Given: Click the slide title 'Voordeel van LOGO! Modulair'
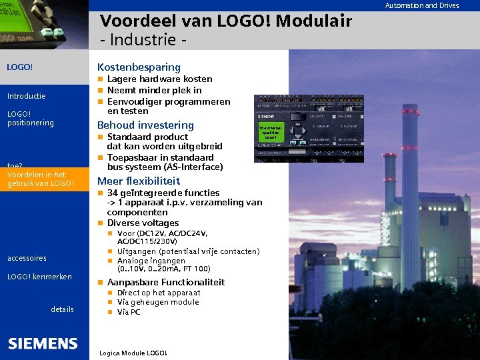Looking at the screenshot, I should [x=225, y=21].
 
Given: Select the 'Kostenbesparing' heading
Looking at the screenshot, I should [x=139, y=67].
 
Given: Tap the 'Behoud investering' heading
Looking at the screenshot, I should [x=145, y=125].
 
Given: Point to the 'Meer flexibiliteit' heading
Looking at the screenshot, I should [x=139, y=181].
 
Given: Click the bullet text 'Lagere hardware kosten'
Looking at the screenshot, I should [x=159, y=79].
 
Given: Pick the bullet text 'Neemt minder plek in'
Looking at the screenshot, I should [x=154, y=91].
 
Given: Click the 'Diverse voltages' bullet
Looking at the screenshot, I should [x=143, y=223].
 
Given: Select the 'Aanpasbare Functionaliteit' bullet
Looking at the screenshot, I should [x=165, y=283].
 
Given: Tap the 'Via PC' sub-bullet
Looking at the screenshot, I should [x=128, y=312].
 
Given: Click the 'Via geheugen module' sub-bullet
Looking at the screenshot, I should [x=157, y=302].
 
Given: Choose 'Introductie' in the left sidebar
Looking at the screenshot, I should [x=26, y=96].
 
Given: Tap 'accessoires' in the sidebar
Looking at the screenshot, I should [x=27, y=258].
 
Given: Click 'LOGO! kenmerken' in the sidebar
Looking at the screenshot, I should [x=39, y=277].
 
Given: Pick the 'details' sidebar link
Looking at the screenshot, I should [x=62, y=309].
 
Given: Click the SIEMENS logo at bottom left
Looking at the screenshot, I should [x=43, y=343].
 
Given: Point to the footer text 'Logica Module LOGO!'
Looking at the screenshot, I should [x=132, y=353].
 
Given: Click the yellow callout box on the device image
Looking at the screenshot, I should [x=271, y=132].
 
